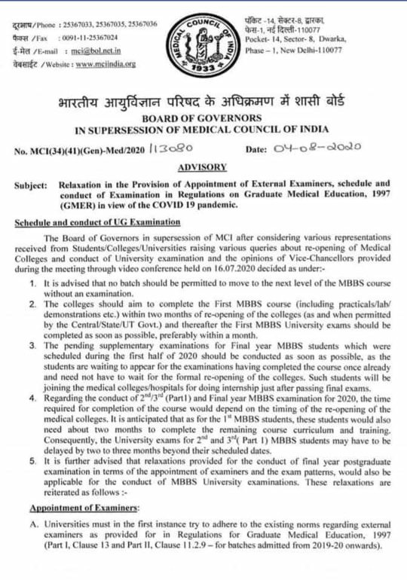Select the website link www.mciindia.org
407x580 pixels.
pyautogui.click(x=105, y=64)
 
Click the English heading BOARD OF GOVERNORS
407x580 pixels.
pyautogui.click(x=203, y=118)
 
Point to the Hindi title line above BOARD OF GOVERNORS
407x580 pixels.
pyautogui.click(x=203, y=102)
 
